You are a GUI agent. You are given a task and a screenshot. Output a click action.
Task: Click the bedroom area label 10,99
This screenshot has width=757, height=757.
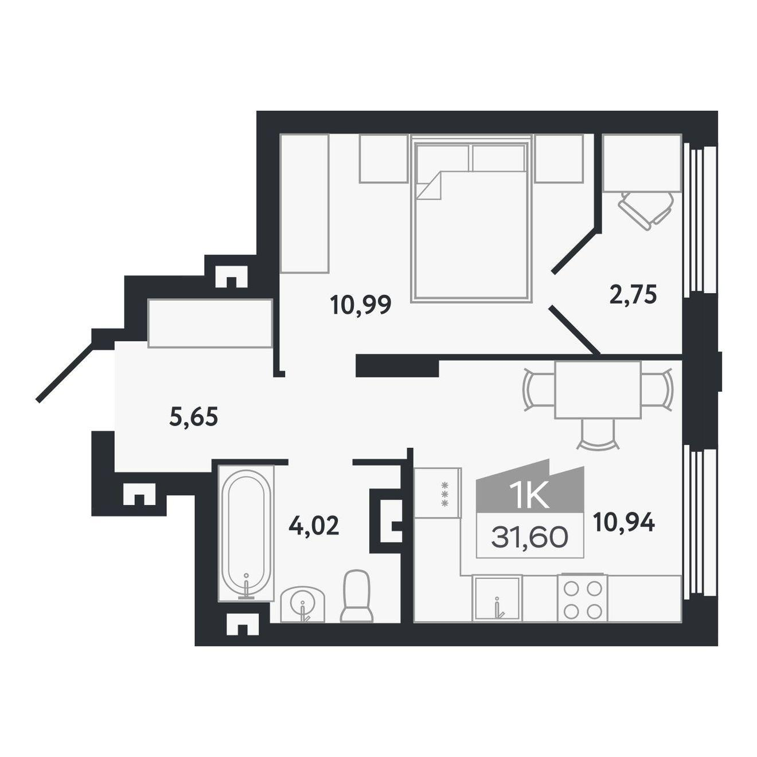pos(361,305)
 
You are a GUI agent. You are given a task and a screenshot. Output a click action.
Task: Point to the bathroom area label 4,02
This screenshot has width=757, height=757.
pos(314,525)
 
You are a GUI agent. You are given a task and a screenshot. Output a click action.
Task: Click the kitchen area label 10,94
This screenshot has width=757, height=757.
pos(624,522)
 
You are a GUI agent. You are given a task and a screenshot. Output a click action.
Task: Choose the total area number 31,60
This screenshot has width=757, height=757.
pos(529,537)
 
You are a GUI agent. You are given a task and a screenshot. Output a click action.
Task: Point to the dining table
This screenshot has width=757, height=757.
pos(598,390)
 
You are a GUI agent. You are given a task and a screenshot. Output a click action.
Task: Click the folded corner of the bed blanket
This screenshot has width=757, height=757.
pos(429,185)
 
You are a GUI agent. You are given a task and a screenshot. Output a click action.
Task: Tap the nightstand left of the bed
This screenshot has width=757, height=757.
pos(384,158)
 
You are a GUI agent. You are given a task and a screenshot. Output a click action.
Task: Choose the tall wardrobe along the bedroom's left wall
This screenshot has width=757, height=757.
pos(305,203)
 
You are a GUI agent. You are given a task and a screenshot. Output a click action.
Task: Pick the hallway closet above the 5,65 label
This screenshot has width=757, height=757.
pos(210,323)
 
